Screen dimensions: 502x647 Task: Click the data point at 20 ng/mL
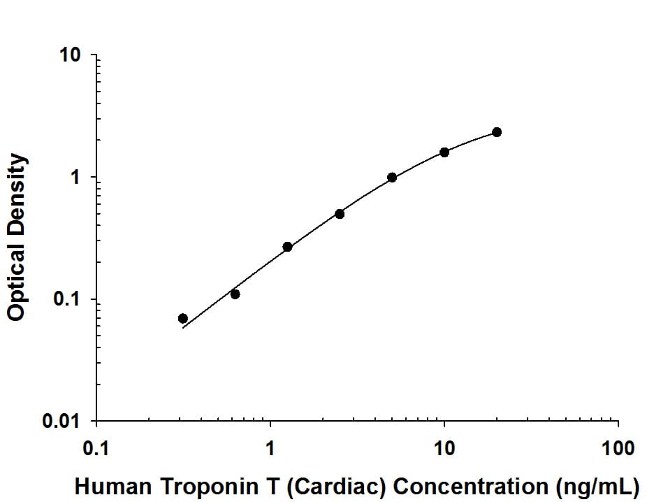coord(497,132)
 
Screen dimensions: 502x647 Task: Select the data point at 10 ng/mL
coord(444,152)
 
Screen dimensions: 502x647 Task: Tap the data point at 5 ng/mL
coord(392,178)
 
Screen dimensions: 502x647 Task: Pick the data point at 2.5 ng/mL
coord(340,214)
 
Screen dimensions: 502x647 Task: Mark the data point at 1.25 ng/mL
coord(287,247)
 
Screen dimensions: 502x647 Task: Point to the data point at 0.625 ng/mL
coord(235,294)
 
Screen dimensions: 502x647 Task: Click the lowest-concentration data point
coord(183,318)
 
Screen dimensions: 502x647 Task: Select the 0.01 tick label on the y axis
coord(65,422)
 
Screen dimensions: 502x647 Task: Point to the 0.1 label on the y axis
coord(69,300)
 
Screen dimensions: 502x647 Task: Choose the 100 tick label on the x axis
coord(618,448)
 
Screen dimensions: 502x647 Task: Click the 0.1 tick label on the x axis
coord(96,448)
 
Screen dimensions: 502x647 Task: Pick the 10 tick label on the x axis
coord(444,448)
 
